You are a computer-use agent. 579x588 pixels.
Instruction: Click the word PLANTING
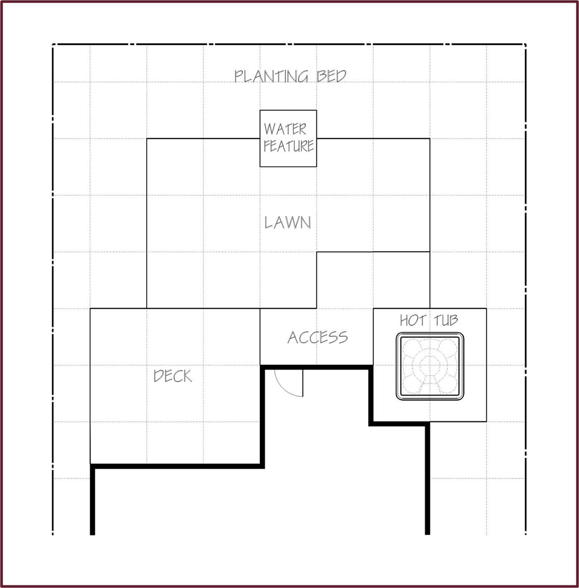(x=271, y=76)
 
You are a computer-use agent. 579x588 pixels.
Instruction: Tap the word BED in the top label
(x=331, y=76)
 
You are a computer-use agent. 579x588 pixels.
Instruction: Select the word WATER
(x=285, y=129)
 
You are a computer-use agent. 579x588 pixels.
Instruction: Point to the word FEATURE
(x=288, y=146)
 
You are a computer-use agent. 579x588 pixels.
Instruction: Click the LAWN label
(x=287, y=222)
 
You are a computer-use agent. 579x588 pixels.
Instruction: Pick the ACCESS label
(x=318, y=337)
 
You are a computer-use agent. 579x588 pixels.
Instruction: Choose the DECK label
(x=173, y=376)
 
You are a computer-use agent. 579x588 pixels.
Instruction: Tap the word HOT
(x=412, y=321)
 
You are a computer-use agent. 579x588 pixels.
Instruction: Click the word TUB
(x=446, y=321)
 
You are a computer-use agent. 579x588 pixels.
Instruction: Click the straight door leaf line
(x=302, y=383)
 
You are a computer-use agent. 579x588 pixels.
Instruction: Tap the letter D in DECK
(x=159, y=376)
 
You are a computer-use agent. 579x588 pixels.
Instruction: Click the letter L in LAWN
(x=268, y=222)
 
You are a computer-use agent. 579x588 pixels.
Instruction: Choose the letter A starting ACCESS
(x=293, y=337)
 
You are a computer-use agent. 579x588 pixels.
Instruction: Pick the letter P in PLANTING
(x=239, y=76)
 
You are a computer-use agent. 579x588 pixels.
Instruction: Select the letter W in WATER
(x=270, y=129)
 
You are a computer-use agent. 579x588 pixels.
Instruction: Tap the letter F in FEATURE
(x=267, y=146)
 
